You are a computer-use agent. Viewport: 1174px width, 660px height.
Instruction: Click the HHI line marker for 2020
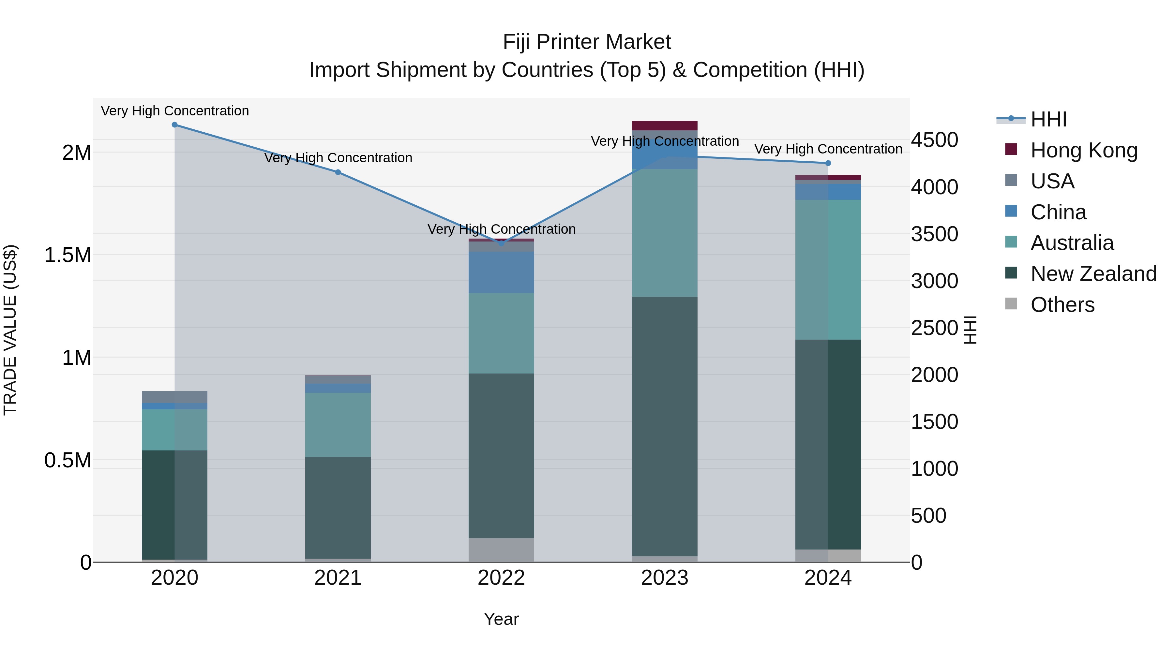click(x=174, y=125)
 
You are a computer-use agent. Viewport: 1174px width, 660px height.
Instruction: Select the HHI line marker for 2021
click(x=338, y=172)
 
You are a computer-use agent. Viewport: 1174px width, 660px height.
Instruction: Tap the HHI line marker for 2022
click(x=501, y=243)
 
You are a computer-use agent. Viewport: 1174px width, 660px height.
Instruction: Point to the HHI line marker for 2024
click(x=828, y=163)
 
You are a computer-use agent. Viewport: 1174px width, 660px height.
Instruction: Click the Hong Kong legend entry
click(x=1083, y=150)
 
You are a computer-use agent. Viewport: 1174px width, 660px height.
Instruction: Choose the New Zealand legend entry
click(x=1093, y=274)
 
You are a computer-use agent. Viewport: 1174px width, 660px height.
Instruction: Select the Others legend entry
click(x=1062, y=305)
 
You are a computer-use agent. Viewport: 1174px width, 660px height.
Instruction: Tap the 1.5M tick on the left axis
click(x=68, y=255)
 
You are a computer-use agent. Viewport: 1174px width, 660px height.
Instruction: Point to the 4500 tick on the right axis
click(x=934, y=140)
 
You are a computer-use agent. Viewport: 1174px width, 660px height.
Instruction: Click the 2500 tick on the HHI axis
click(x=934, y=328)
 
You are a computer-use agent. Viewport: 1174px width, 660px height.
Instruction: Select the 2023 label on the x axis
click(x=665, y=578)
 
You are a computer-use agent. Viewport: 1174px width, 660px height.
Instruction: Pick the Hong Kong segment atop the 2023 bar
click(x=665, y=126)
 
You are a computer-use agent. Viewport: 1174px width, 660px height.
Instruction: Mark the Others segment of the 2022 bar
click(x=501, y=550)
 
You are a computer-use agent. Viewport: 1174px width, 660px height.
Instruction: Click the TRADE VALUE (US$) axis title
click(x=10, y=330)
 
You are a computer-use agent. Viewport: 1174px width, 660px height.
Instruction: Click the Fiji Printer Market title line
click(x=587, y=42)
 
